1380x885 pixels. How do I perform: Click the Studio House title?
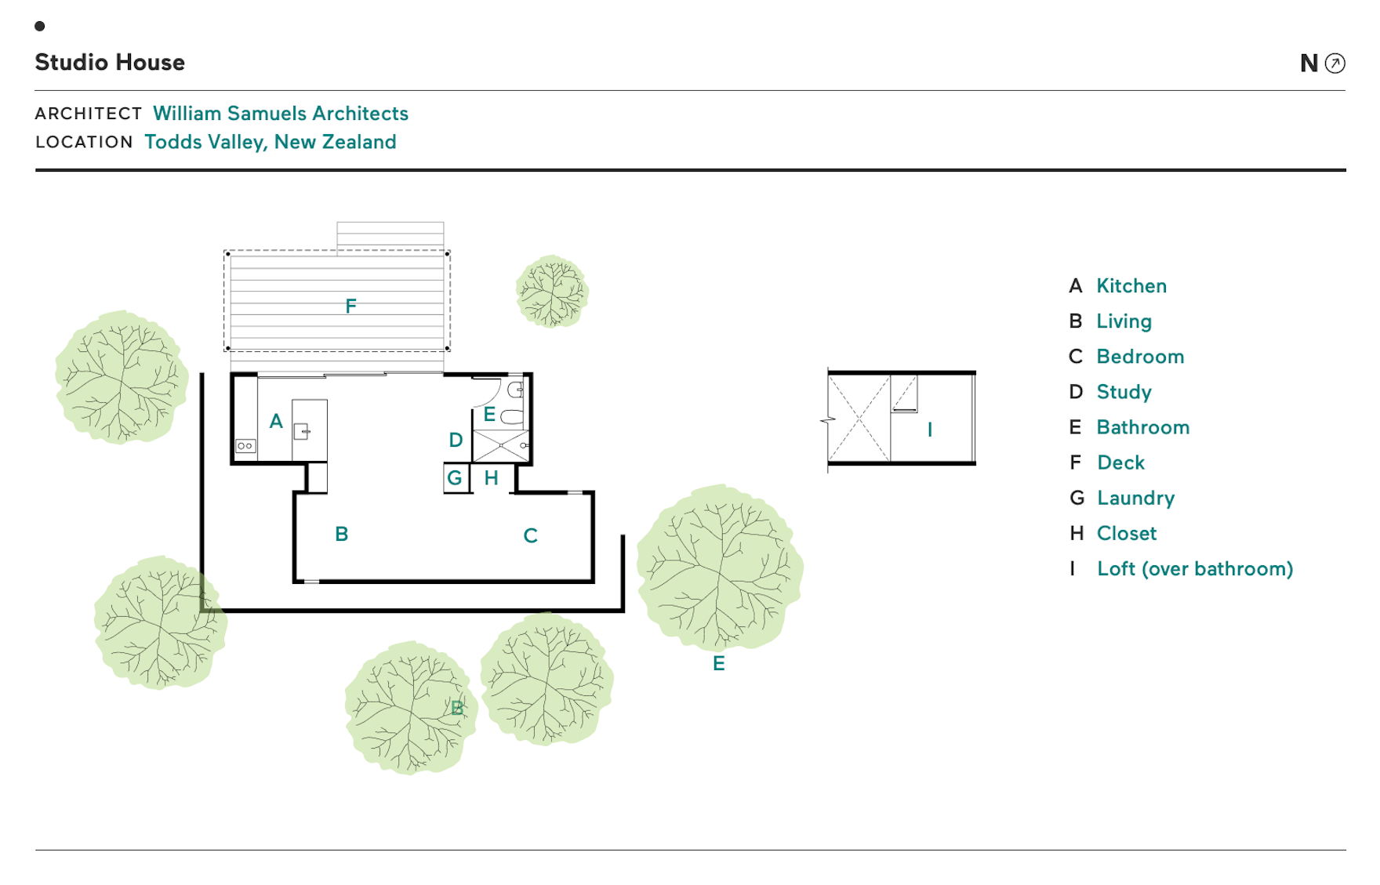coord(110,63)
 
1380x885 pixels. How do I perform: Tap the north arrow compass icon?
coord(1335,63)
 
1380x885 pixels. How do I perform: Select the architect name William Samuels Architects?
coord(280,114)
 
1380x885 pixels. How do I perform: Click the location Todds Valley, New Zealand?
coord(270,142)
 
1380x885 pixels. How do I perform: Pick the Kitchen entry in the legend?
coord(1131,286)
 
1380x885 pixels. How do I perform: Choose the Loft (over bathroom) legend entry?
coord(1194,569)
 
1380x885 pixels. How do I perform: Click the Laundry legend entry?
coord(1135,499)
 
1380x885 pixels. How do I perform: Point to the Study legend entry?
coord(1124,392)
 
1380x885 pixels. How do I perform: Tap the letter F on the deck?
coord(350,306)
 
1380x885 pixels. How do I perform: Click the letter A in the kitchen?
coord(276,422)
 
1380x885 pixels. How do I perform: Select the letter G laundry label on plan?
coord(455,478)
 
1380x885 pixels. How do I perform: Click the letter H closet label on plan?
coord(491,478)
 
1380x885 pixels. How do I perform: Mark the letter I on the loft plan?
coord(930,430)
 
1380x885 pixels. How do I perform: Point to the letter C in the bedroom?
coord(530,536)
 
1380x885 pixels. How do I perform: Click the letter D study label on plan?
coord(456,441)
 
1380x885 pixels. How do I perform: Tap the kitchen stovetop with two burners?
coord(245,446)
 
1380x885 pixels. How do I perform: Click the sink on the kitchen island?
coord(302,431)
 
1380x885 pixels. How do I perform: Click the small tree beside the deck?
coord(552,291)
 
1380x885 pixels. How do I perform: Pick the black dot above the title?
coord(40,26)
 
